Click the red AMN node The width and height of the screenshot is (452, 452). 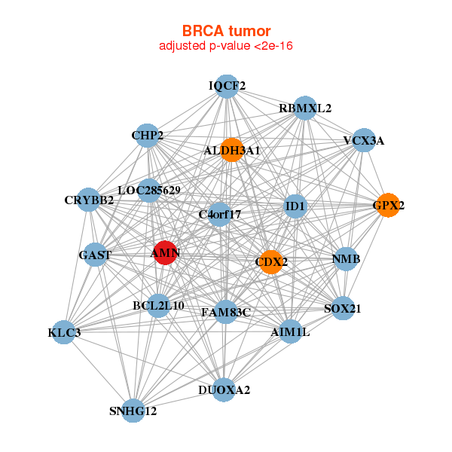click(165, 253)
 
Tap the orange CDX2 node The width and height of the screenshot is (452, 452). click(270, 262)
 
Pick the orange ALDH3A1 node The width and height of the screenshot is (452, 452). click(231, 150)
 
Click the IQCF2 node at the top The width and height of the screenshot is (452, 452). click(227, 87)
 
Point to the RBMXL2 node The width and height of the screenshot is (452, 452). click(304, 108)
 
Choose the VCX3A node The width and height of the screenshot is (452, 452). click(364, 140)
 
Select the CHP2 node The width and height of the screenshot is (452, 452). click(147, 136)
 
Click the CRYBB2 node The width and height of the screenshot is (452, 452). click(89, 200)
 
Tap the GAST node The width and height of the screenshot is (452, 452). click(95, 255)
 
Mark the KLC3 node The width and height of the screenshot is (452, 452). click(64, 332)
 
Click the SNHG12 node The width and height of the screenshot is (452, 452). click(133, 410)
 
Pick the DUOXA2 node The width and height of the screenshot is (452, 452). click(224, 389)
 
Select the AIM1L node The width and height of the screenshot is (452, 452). click(290, 331)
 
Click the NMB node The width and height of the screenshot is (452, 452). click(346, 259)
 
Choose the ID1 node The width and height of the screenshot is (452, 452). click(295, 206)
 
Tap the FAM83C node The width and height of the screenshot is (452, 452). click(226, 311)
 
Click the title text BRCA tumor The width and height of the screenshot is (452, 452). click(226, 31)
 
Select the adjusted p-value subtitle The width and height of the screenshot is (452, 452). click(226, 46)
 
